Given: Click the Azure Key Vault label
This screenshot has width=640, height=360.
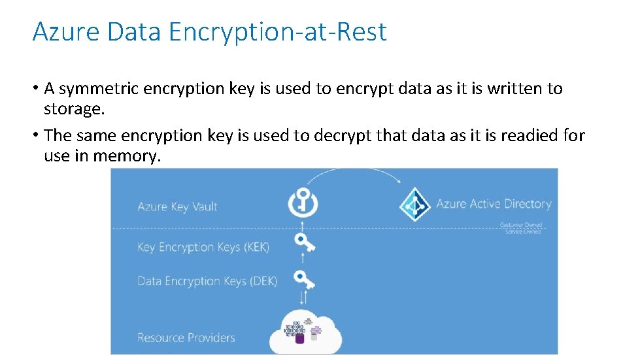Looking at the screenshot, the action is point(177,206).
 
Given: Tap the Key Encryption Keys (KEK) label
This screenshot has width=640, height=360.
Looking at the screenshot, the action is point(203,247).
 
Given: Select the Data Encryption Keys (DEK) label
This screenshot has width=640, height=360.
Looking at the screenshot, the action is point(207,281).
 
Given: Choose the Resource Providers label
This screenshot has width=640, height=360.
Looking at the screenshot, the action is point(186,337).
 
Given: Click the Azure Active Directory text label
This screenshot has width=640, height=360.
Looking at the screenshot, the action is point(494,204).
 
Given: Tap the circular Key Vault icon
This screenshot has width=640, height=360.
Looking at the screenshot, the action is point(303,203).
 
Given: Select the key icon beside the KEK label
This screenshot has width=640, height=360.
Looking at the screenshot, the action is point(304,243).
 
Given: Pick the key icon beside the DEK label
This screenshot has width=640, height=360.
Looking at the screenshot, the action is point(304,278).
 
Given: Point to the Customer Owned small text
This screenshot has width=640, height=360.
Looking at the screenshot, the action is point(521,225).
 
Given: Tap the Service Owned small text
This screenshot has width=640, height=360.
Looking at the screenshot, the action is point(523,231).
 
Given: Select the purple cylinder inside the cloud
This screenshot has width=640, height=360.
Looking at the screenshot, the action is point(299,338).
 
